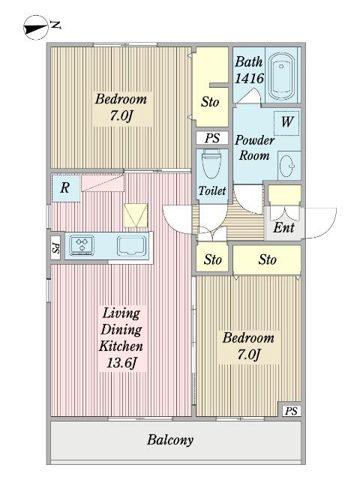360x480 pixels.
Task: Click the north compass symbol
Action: [x=36, y=28]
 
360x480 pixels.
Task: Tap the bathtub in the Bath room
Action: [x=281, y=76]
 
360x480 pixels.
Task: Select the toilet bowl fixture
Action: [x=211, y=165]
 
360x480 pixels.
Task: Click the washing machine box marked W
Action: [x=286, y=123]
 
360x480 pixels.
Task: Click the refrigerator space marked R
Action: [x=66, y=188]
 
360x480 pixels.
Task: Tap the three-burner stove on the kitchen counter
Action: [x=82, y=245]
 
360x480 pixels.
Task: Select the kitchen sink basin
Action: [x=130, y=246]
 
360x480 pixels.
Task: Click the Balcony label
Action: [x=170, y=440]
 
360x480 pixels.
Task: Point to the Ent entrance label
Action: [x=283, y=227]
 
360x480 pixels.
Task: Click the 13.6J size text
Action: [x=121, y=363]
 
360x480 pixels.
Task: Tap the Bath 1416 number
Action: [x=249, y=79]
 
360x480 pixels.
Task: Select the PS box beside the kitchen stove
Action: [x=55, y=247]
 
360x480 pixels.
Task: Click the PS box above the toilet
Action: [x=212, y=138]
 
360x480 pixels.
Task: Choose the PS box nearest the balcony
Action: [x=291, y=410]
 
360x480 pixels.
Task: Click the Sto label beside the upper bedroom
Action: [x=210, y=102]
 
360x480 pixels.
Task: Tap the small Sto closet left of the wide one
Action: [x=212, y=259]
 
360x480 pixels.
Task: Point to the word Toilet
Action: [x=212, y=190]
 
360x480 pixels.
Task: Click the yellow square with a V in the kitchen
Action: [x=136, y=216]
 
